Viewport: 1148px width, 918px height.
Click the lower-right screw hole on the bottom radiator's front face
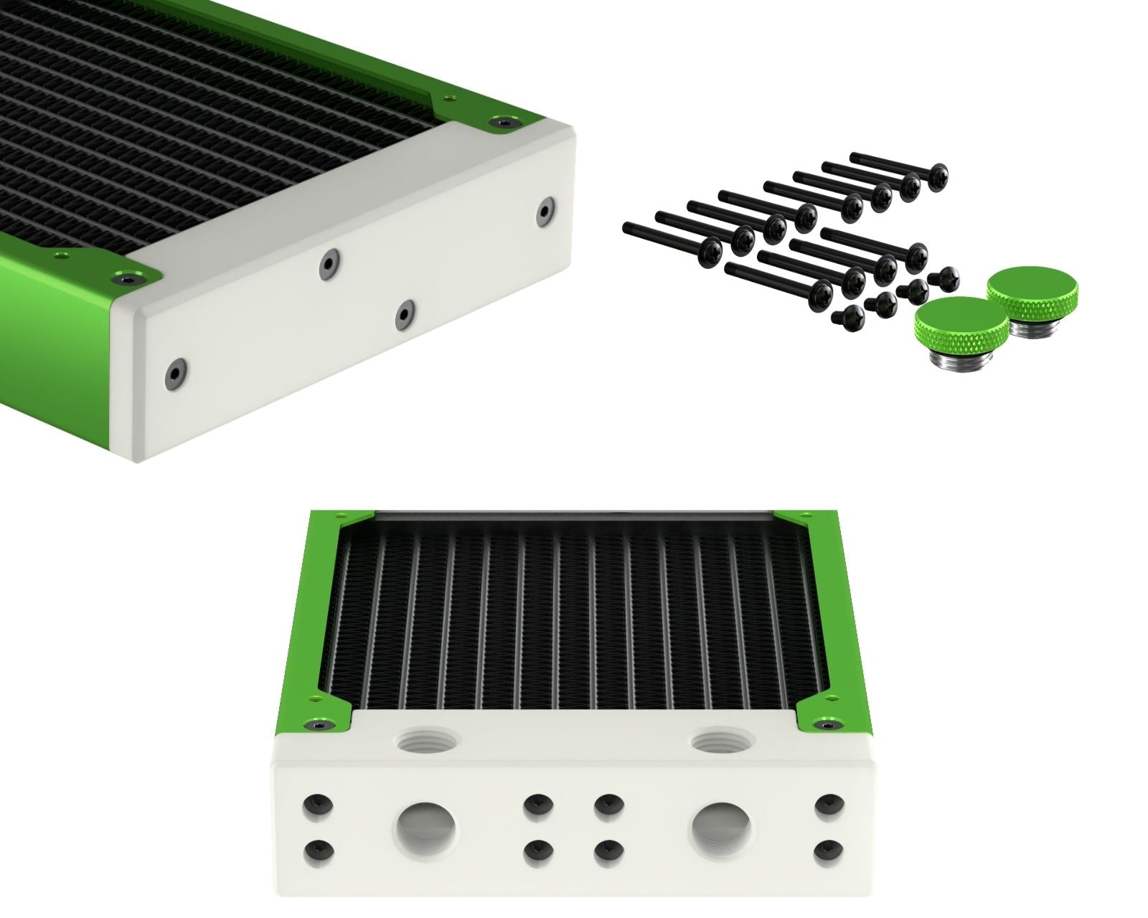829,849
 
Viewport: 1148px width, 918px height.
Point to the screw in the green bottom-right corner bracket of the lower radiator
826,727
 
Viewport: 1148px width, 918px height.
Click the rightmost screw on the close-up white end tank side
545,209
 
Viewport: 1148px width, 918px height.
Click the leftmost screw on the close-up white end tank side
174,371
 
